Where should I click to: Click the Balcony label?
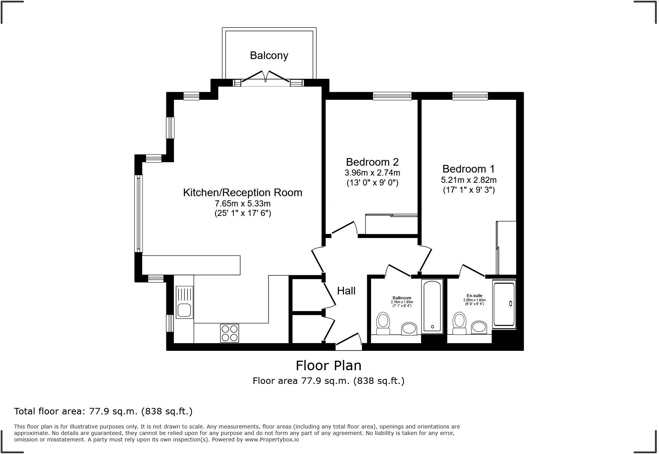click(x=269, y=56)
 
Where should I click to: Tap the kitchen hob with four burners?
click(x=230, y=333)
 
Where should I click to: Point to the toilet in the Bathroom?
click(x=383, y=324)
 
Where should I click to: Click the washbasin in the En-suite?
click(x=479, y=327)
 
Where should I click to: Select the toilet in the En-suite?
click(x=459, y=324)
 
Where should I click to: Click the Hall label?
click(x=346, y=291)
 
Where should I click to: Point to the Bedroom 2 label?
click(x=372, y=162)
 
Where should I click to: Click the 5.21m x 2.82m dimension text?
click(x=469, y=180)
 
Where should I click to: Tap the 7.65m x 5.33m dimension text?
click(x=243, y=203)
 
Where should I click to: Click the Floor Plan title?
click(x=328, y=366)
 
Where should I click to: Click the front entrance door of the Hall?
click(x=349, y=341)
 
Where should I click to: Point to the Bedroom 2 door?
click(x=344, y=229)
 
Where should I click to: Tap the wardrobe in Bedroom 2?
click(x=391, y=225)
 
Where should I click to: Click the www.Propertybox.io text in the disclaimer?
click(x=272, y=440)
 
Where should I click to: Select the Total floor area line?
click(x=103, y=411)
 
